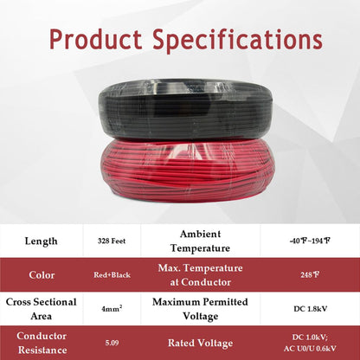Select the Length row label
click(x=42, y=241)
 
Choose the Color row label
click(x=42, y=275)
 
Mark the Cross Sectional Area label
click(x=42, y=309)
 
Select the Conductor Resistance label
click(x=42, y=343)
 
